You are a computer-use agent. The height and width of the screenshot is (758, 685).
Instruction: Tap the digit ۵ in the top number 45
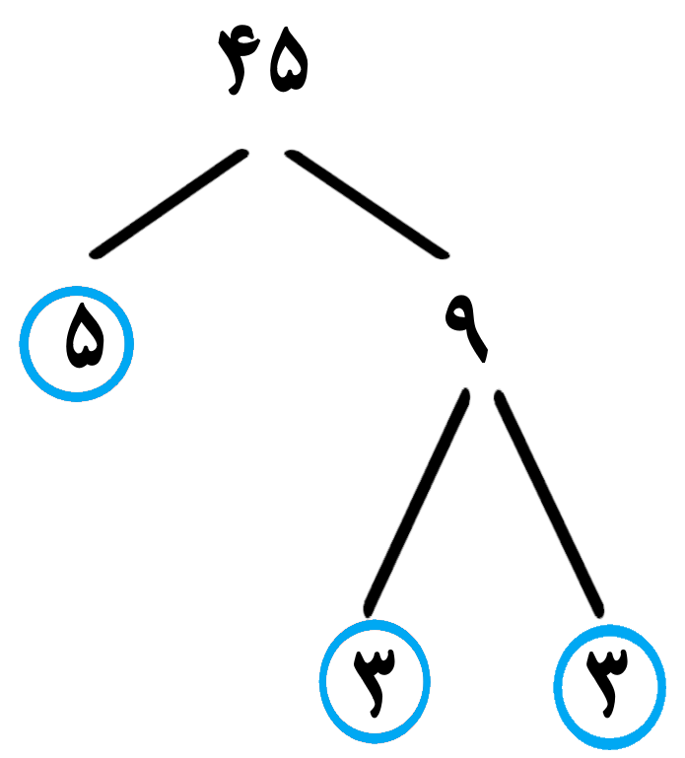pyautogui.click(x=289, y=60)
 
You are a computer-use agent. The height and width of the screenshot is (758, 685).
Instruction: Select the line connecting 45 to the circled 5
pyautogui.click(x=170, y=204)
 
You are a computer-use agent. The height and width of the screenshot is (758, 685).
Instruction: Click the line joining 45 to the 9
pyautogui.click(x=367, y=204)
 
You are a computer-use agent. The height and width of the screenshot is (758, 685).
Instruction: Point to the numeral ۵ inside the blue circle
pyautogui.click(x=85, y=336)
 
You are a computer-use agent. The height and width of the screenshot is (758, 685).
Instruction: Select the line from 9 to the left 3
pyautogui.click(x=417, y=503)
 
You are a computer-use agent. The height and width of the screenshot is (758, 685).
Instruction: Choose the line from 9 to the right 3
pyautogui.click(x=549, y=504)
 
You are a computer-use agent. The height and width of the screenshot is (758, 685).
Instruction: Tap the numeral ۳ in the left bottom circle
pyautogui.click(x=375, y=682)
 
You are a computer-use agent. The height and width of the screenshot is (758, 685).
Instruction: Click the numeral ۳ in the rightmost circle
pyautogui.click(x=607, y=682)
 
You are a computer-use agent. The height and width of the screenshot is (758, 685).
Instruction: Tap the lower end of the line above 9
pyautogui.click(x=443, y=254)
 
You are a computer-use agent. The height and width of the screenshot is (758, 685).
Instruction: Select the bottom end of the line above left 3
pyautogui.click(x=369, y=613)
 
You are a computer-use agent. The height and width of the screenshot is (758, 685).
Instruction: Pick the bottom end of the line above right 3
pyautogui.click(x=599, y=613)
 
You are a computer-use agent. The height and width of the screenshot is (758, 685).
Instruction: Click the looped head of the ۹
pyautogui.click(x=459, y=313)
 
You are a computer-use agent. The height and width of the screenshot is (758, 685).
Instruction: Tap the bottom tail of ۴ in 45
pyautogui.click(x=234, y=91)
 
